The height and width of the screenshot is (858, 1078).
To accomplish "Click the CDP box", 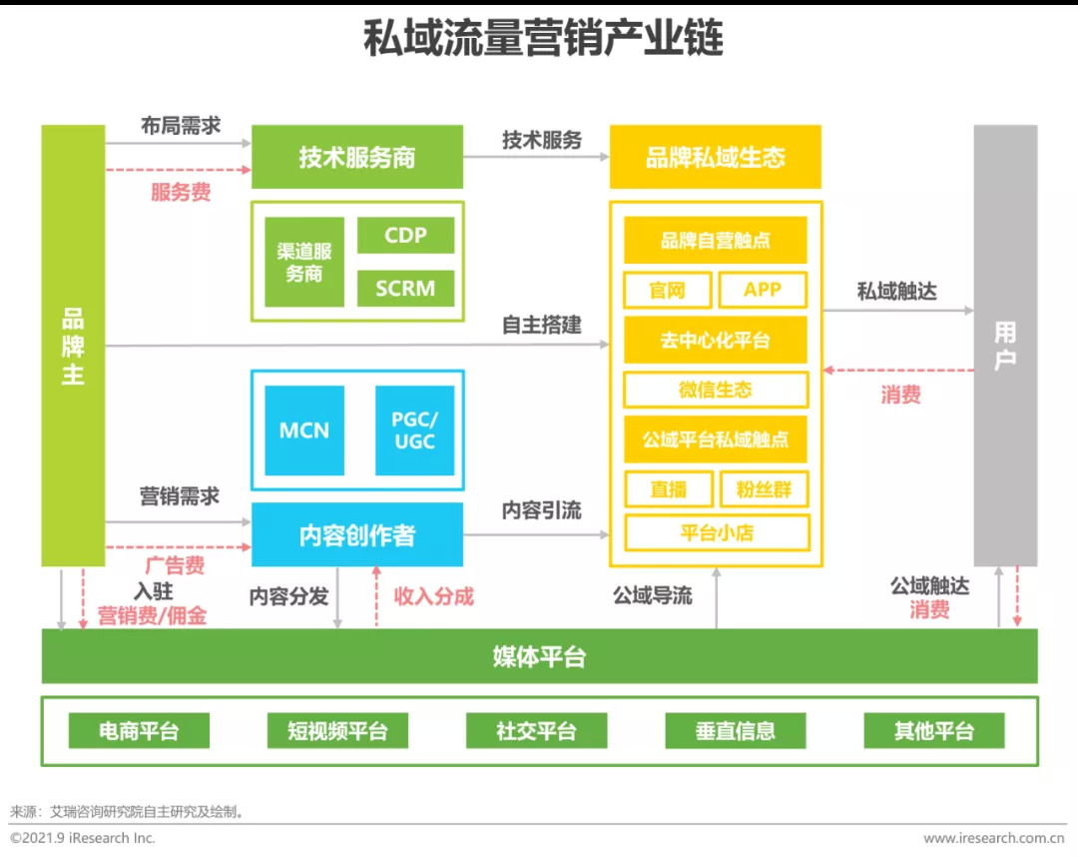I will pos(405,236).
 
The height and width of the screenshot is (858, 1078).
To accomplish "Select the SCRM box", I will pos(405,289).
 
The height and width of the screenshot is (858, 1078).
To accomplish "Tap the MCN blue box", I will pos(304,430).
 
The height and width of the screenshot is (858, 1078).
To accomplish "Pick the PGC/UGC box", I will pos(414,430).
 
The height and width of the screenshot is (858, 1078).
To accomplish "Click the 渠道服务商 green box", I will pos(304,262).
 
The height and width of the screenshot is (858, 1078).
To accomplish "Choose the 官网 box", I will pos(667,290).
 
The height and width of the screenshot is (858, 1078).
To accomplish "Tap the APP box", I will pos(763,290).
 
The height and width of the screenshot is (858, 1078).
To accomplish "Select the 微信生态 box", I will pos(715,390).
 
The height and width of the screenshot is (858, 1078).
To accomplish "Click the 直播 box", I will pos(668,489).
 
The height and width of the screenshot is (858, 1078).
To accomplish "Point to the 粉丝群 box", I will pos(764,489).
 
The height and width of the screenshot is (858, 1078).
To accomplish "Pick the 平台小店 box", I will pos(716,532).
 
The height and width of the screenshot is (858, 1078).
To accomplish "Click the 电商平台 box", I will pos(139,731).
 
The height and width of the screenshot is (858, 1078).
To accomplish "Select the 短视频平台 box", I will pos(337,731).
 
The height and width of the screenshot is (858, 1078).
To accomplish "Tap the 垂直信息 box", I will pos(736,731).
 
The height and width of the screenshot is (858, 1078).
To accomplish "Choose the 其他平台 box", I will pos(934,731).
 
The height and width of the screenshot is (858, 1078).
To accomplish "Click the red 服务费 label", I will pos(181,192).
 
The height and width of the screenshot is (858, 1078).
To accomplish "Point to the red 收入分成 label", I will pos(434,596).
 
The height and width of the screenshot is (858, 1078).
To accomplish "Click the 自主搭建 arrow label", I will pos(541,326).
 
